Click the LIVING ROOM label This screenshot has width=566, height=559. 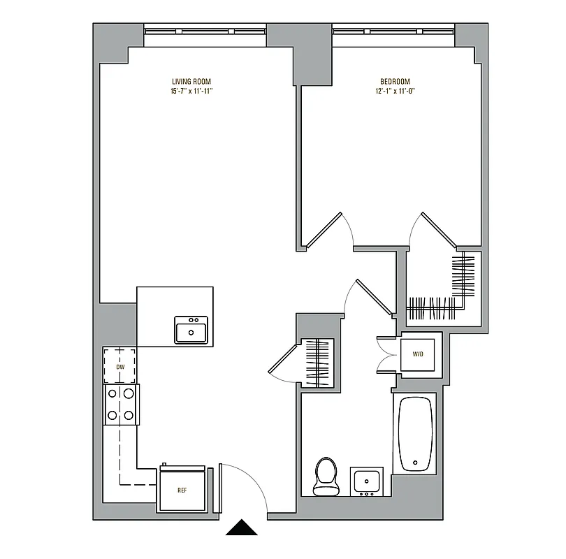(x=191, y=81)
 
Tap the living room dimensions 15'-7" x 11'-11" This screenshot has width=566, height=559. (x=191, y=91)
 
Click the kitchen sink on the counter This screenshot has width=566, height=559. (x=191, y=330)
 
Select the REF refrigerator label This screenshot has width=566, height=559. (x=182, y=490)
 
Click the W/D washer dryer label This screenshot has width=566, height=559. (x=418, y=354)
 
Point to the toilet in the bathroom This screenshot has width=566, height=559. (x=324, y=476)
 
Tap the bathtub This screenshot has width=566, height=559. (x=416, y=434)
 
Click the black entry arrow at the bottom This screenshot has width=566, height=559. (x=242, y=528)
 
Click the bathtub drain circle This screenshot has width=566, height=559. (x=416, y=463)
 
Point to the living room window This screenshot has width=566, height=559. (x=205, y=31)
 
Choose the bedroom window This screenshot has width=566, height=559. (x=393, y=31)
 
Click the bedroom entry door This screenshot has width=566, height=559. (x=327, y=228)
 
